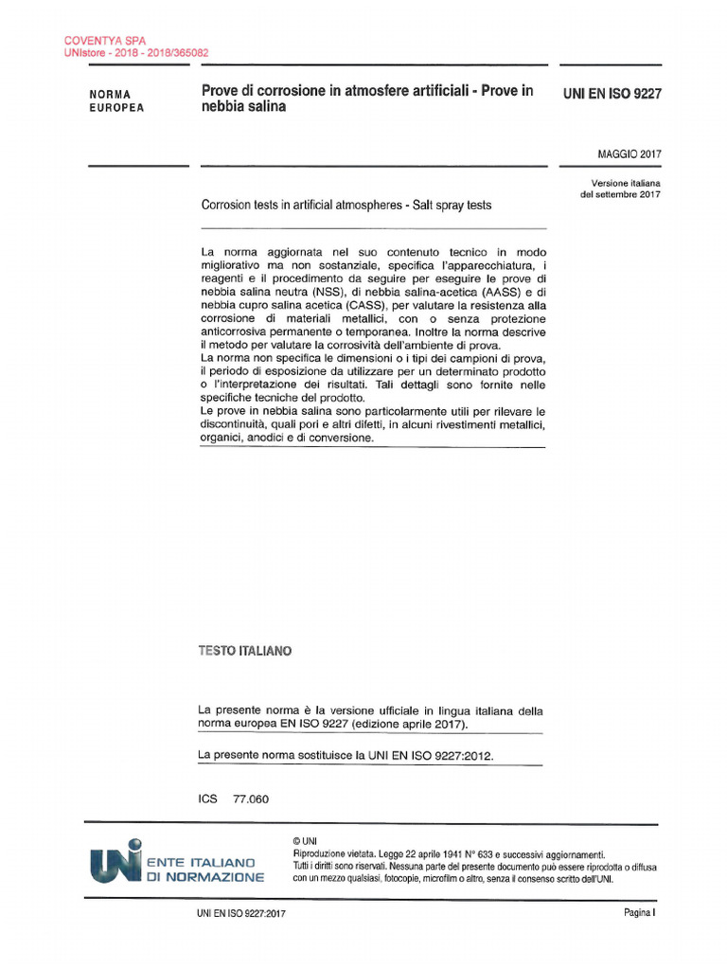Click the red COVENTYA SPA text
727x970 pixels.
[98, 41]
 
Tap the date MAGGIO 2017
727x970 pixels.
[629, 153]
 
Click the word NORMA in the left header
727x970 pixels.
[110, 95]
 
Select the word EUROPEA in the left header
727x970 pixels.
[116, 108]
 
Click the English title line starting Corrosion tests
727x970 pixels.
[346, 206]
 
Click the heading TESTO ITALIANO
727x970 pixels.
[244, 652]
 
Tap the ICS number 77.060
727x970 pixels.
[251, 799]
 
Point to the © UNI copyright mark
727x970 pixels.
[306, 840]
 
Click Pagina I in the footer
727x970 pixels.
[639, 913]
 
